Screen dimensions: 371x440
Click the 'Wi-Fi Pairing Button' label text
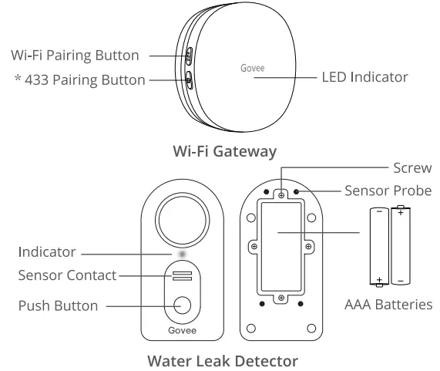pyautogui.click(x=74, y=56)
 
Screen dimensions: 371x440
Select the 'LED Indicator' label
pyautogui.click(x=364, y=78)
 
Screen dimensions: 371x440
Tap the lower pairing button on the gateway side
pyautogui.click(x=189, y=77)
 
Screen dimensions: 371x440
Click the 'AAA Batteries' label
pyautogui.click(x=388, y=305)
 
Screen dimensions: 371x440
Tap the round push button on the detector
pyautogui.click(x=182, y=305)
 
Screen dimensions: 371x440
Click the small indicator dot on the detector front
pyautogui.click(x=182, y=252)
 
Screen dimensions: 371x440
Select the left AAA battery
pyautogui.click(x=378, y=245)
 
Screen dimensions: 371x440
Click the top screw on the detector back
pyautogui.click(x=282, y=196)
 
